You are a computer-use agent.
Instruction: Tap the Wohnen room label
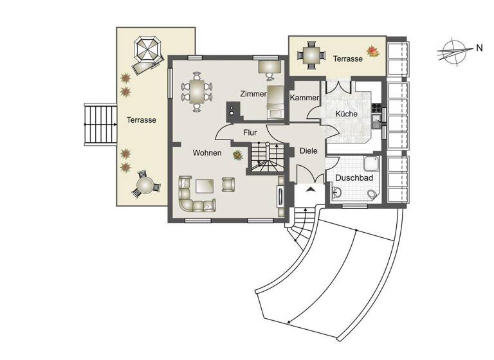pyautogui.click(x=207, y=153)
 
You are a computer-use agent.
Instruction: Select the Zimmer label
pyautogui.click(x=253, y=94)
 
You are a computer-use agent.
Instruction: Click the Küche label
pyautogui.click(x=346, y=114)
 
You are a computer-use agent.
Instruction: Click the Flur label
pyautogui.click(x=250, y=132)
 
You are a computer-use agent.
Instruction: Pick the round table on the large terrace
pyautogui.click(x=145, y=186)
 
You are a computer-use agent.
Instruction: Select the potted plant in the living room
pyautogui.click(x=238, y=155)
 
